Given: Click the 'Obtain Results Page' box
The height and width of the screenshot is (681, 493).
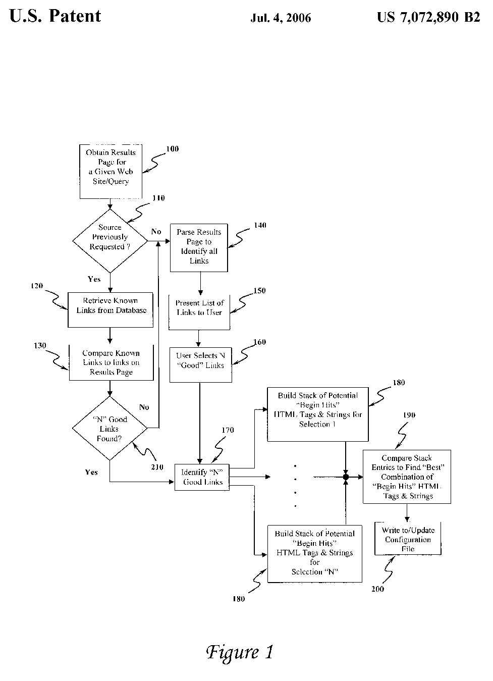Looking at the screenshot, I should pos(110,172).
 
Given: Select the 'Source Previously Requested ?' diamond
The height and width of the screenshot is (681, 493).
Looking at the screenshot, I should pos(110,237).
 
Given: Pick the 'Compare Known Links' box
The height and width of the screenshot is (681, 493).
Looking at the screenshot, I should pos(111,362).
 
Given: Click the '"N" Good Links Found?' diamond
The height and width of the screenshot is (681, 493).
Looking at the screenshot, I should pos(109,429).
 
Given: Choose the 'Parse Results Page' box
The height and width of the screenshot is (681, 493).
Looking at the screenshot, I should pos(199,247).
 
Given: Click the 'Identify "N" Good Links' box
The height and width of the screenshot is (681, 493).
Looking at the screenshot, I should pos(202,477).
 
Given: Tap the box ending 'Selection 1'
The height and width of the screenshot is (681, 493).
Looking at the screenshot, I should pos(317,414).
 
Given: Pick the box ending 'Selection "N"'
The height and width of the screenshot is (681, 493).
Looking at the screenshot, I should pos(314,553).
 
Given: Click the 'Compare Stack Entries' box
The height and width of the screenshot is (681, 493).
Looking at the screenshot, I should pos(407,477).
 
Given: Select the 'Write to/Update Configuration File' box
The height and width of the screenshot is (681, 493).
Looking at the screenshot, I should pos(408,539).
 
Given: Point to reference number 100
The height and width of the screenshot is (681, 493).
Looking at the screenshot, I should pos(172,149).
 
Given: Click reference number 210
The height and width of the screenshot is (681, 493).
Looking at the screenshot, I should pos(157,467).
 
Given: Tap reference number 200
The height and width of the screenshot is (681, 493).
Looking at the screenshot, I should pos(377,589).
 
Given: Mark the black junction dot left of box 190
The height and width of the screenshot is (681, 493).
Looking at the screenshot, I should pos(346,477).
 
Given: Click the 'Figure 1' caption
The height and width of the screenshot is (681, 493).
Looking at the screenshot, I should pos(240,652).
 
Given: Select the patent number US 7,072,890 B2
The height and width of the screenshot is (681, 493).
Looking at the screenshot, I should pos(428,18).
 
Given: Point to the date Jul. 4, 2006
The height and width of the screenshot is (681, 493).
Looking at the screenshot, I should pos(281,19).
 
